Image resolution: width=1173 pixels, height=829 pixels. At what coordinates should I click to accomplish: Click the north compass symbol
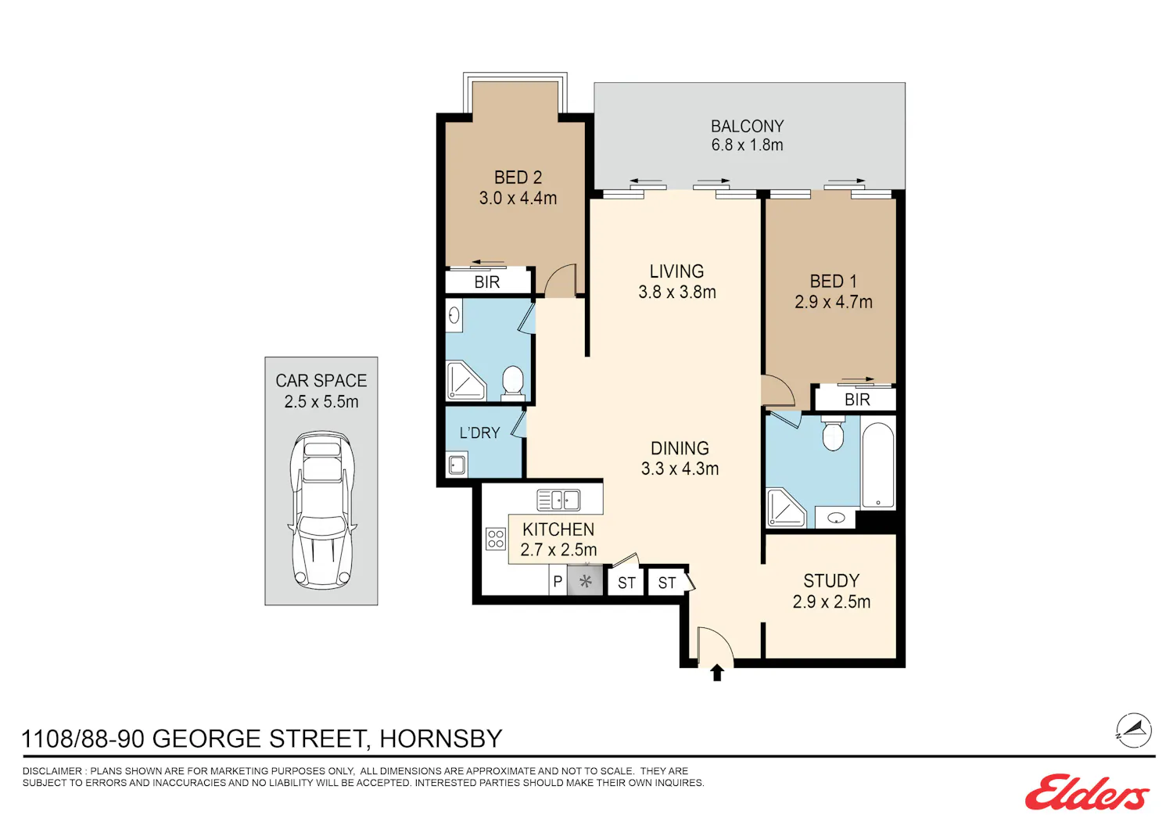1134,730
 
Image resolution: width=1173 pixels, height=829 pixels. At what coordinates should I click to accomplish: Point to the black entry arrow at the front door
717,673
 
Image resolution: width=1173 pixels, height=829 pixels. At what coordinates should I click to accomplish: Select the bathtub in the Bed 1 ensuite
878,465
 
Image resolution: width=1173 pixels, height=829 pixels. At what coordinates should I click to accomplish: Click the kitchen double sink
558,500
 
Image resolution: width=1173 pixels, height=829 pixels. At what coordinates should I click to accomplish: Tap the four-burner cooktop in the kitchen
495,539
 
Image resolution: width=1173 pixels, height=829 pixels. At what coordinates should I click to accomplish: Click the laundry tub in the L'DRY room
457,465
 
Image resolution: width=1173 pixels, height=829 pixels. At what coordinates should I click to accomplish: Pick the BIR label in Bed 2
487,282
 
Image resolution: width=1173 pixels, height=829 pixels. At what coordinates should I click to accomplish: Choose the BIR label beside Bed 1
857,400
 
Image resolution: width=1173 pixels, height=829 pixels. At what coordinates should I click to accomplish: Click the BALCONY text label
748,126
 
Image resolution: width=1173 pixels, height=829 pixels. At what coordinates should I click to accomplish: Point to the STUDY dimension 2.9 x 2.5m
831,601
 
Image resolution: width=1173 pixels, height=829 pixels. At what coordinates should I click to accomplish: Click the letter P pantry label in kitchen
558,581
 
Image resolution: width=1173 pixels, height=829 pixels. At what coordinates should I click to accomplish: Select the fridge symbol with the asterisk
586,581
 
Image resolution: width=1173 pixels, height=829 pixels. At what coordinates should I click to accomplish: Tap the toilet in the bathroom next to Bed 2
513,382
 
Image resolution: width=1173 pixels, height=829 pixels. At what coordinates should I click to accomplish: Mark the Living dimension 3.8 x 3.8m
677,292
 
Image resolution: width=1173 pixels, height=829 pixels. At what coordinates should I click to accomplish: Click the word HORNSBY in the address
441,738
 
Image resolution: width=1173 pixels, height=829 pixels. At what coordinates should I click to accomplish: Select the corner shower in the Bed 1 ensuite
785,508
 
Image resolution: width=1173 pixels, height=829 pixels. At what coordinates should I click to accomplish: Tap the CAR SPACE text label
321,381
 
